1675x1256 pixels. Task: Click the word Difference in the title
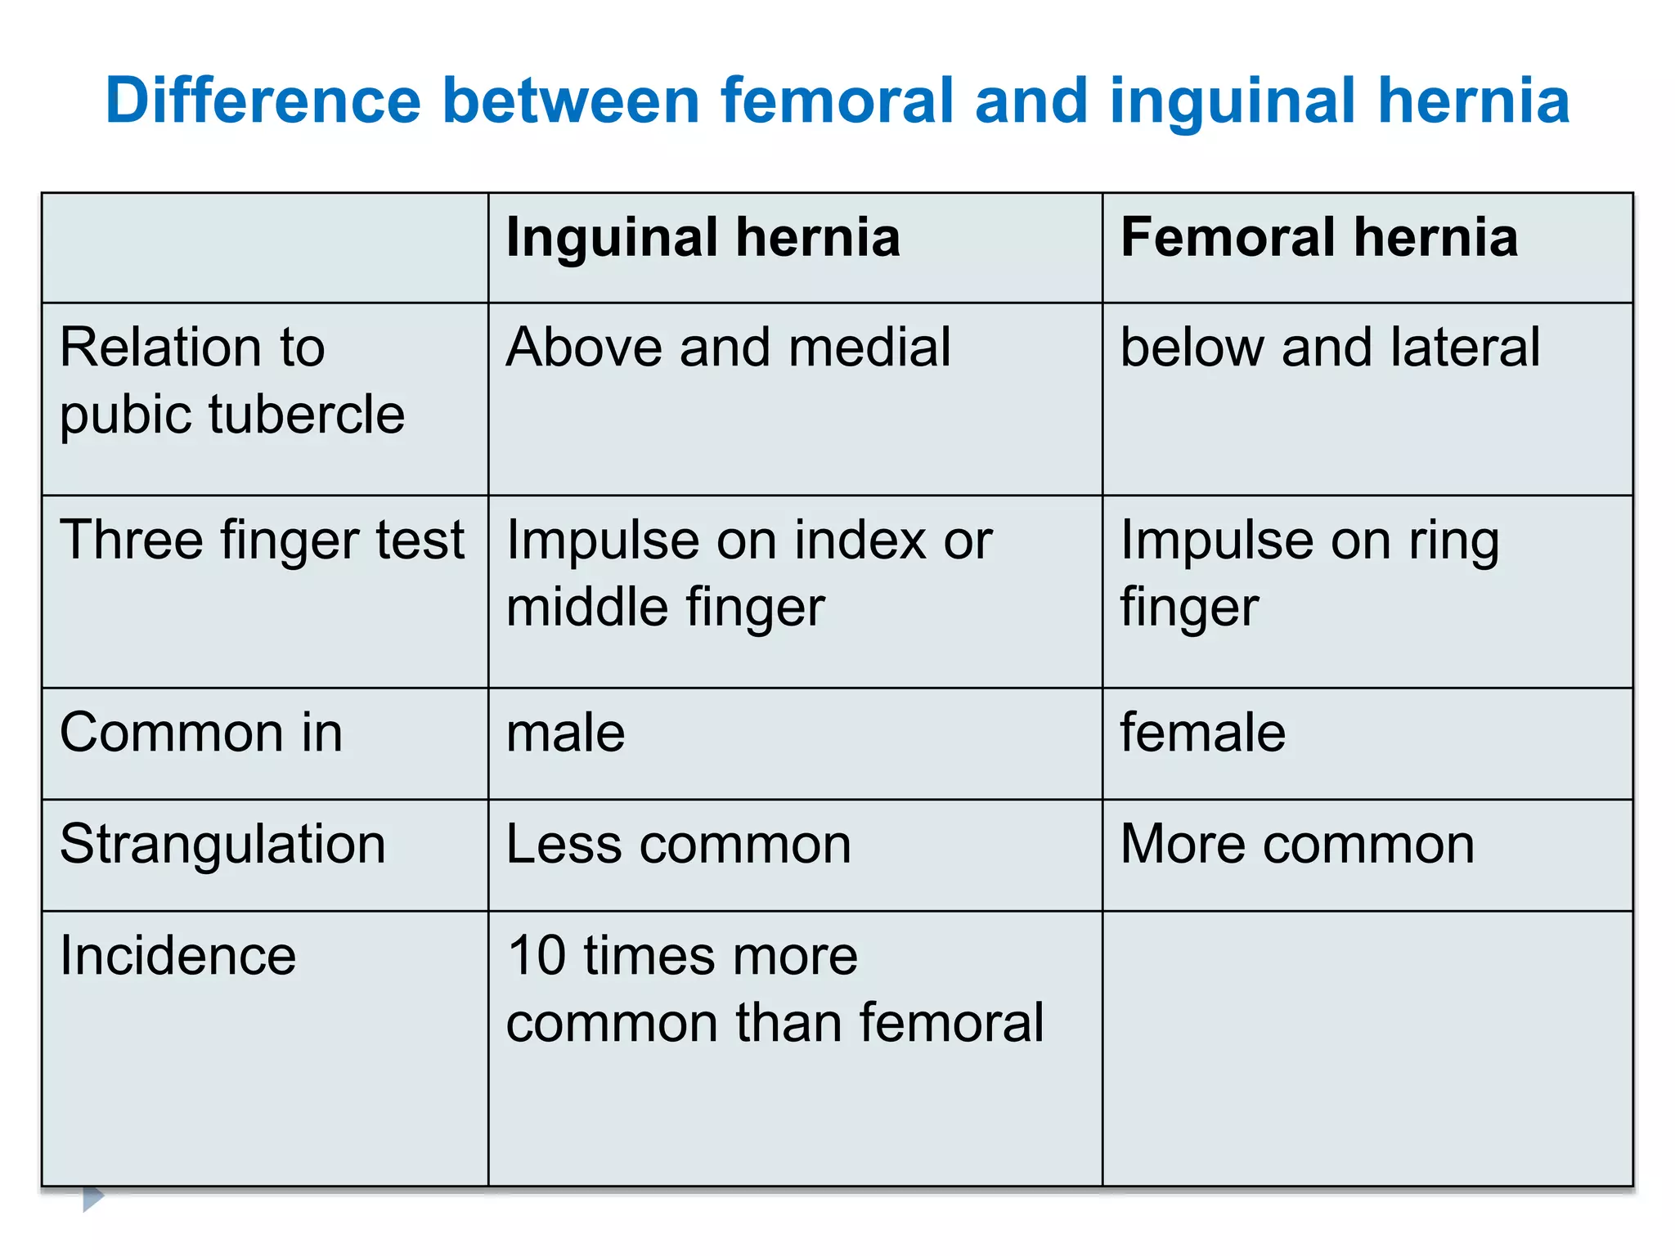point(263,101)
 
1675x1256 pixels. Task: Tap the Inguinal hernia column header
point(703,238)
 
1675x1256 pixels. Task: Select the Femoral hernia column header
point(1318,238)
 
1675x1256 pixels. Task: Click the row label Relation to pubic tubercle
point(232,380)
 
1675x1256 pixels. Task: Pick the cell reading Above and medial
point(728,348)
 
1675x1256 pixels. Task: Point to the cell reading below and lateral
point(1330,348)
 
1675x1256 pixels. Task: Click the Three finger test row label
point(262,541)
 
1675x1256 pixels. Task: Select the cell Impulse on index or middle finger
point(748,573)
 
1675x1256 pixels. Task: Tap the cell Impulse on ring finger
point(1309,573)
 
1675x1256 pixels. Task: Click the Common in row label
point(201,733)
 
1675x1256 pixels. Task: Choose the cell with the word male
point(565,733)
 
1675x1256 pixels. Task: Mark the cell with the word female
point(1202,733)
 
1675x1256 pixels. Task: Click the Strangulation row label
point(222,844)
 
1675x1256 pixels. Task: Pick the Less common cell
point(678,844)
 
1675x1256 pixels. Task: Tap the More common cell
point(1297,844)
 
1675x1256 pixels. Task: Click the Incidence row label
point(178,955)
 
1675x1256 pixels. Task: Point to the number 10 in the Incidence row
point(537,955)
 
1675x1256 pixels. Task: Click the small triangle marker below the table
point(93,1198)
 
